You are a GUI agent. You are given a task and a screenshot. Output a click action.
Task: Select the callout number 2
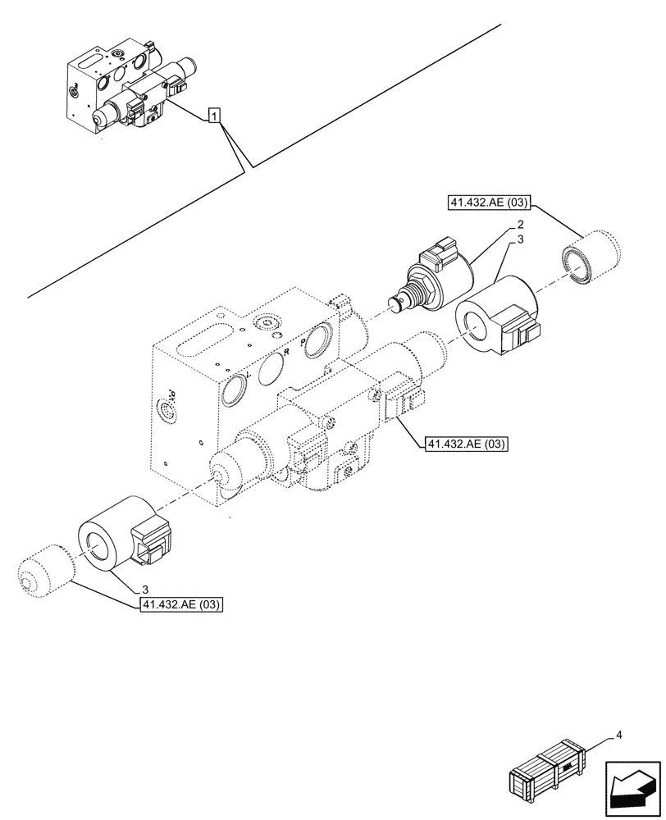pyautogui.click(x=520, y=225)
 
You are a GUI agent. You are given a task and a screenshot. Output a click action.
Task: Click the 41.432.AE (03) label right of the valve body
pyautogui.click(x=465, y=444)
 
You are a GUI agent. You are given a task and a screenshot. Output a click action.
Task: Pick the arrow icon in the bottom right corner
pyautogui.click(x=632, y=780)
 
